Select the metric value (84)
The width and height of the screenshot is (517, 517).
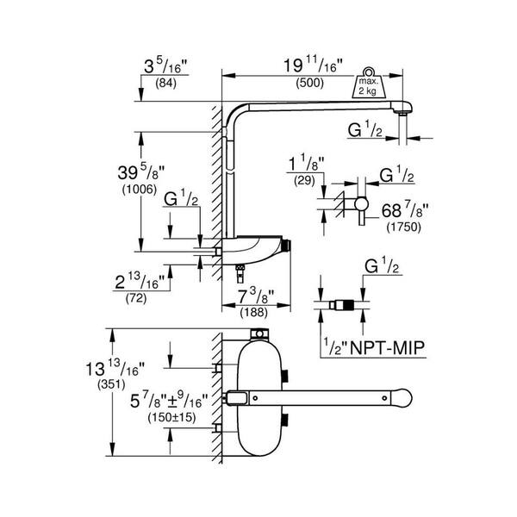163,84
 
